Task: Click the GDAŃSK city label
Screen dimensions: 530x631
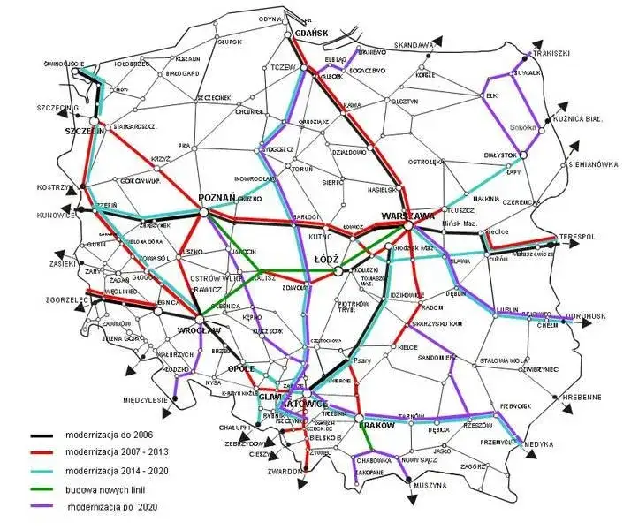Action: coord(311,33)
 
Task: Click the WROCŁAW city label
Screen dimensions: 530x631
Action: coord(198,330)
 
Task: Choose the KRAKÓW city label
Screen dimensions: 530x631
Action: coord(375,425)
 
